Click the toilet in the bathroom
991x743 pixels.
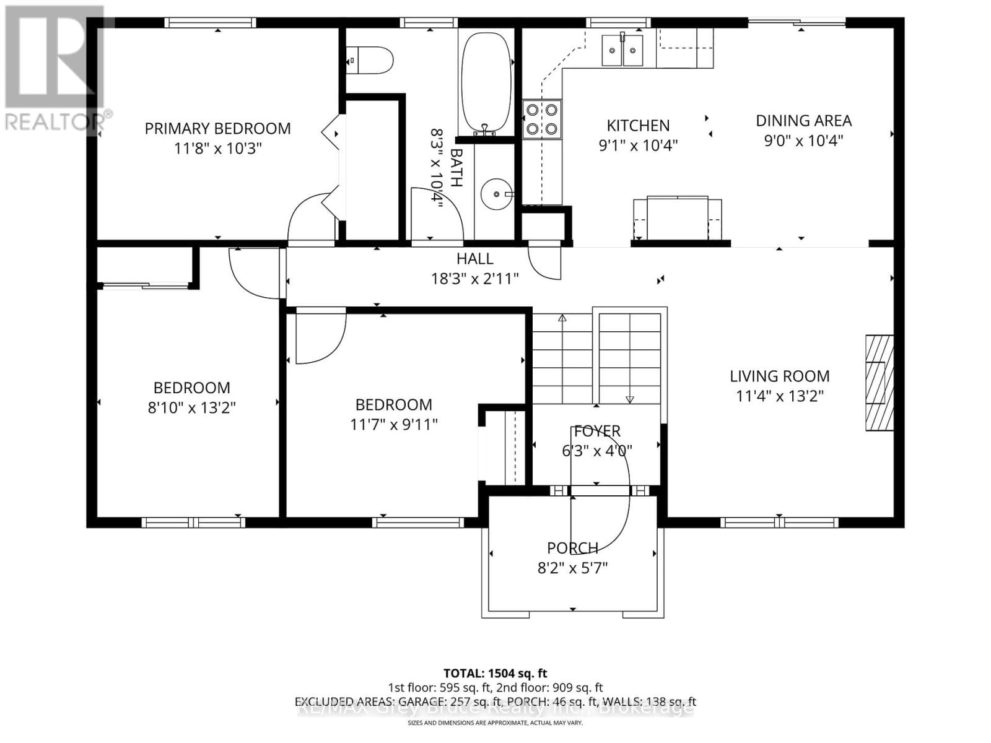click(370, 61)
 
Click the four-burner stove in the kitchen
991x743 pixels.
click(541, 119)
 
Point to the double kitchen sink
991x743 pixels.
click(622, 50)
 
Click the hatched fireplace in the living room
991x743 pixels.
click(879, 383)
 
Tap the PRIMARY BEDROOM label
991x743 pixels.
click(217, 128)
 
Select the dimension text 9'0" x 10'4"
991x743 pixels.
click(803, 141)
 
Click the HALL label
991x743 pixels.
click(475, 259)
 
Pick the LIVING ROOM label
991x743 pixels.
click(779, 376)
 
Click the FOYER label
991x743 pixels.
click(597, 431)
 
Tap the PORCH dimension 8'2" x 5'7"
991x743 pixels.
click(572, 567)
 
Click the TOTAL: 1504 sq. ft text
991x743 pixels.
click(495, 673)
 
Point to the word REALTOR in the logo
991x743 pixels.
click(54, 121)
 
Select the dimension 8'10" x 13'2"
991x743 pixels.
click(191, 407)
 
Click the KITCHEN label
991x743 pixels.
click(638, 126)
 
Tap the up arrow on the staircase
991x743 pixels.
click(562, 318)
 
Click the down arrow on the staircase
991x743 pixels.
click(630, 399)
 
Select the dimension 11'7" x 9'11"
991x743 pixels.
click(393, 424)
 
